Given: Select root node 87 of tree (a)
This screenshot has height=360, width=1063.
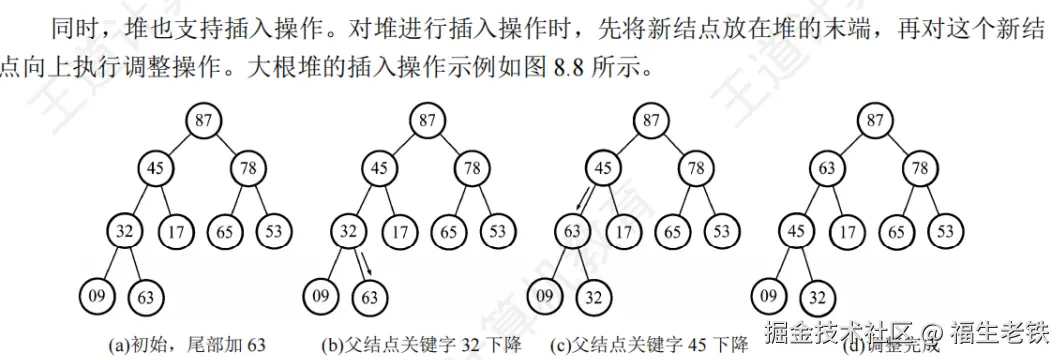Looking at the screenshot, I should (203, 121).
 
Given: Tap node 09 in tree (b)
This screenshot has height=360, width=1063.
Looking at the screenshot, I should (320, 296).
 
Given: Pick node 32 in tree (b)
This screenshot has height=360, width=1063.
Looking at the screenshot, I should (348, 232).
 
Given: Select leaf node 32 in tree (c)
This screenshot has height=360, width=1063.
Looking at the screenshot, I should (593, 296).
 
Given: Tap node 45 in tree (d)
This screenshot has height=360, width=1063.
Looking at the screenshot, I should (797, 232).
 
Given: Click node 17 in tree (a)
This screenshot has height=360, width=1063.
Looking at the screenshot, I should (177, 232).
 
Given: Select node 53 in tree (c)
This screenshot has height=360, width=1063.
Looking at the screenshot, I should (720, 232).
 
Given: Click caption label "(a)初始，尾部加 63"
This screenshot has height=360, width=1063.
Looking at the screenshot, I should (189, 345).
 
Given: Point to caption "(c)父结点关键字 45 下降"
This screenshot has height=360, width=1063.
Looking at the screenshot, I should (647, 345).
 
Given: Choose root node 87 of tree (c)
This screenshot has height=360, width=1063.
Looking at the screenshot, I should (651, 121).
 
